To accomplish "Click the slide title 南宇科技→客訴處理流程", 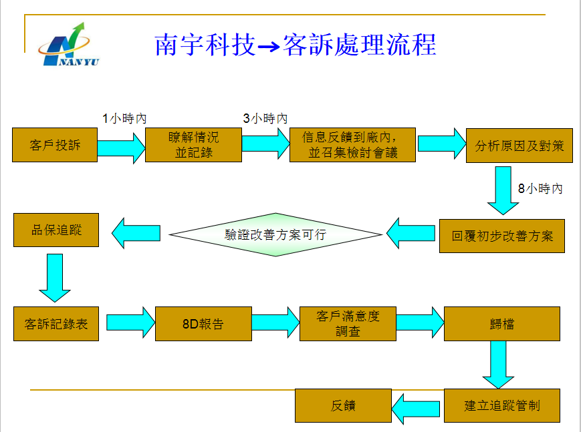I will [295, 45].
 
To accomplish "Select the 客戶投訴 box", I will [55, 145].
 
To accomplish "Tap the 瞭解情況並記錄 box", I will [194, 145].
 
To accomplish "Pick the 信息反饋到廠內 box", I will [352, 145].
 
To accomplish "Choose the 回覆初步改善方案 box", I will [501, 236].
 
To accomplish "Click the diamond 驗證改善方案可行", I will [275, 234].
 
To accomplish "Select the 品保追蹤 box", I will [56, 230].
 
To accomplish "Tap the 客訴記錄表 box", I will [56, 325].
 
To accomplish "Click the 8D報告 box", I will [203, 325].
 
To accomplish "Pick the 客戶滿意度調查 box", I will [348, 323].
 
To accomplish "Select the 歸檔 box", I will [501, 325].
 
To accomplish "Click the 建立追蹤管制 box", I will [501, 405].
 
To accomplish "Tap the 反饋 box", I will [343, 405].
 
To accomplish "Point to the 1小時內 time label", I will [124, 118].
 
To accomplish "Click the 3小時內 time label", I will [265, 118].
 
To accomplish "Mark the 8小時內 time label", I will [540, 189].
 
